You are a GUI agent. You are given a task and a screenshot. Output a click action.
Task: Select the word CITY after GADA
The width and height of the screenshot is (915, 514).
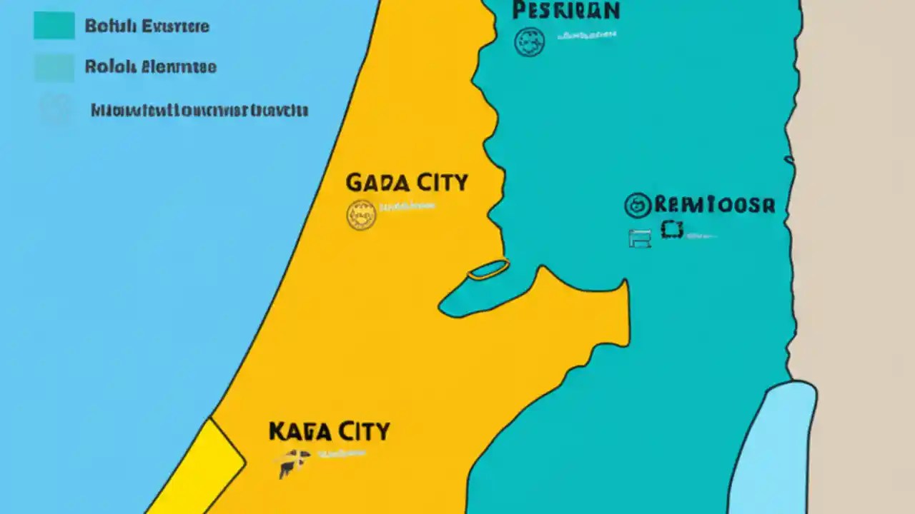(x=440, y=182)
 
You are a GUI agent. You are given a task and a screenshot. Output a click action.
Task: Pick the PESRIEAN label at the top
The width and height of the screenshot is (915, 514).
(x=565, y=11)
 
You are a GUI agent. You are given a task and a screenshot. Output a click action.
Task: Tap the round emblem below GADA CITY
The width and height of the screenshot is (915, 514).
(x=361, y=214)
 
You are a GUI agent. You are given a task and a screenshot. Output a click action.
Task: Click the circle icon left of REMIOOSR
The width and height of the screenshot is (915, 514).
(x=638, y=206)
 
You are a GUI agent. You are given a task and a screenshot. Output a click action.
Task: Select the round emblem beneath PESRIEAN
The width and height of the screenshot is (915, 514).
(x=530, y=41)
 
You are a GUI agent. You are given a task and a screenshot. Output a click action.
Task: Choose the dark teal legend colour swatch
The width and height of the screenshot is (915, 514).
(x=54, y=26)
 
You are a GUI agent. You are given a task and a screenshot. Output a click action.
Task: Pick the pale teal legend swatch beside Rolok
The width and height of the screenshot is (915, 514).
(x=54, y=68)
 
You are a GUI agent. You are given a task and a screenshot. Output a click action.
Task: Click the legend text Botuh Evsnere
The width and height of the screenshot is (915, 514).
(x=147, y=26)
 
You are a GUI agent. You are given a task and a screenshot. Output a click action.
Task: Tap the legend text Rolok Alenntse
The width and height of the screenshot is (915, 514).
(x=150, y=67)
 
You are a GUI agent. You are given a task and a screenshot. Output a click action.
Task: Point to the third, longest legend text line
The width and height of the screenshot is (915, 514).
(x=199, y=111)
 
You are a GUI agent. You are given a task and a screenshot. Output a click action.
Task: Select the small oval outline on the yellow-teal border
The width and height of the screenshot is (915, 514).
(x=489, y=268)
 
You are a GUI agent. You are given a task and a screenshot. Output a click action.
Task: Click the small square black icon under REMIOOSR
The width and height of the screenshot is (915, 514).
(x=672, y=229)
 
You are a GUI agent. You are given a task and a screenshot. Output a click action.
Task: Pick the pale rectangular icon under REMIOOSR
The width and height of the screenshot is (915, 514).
(x=640, y=239)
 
